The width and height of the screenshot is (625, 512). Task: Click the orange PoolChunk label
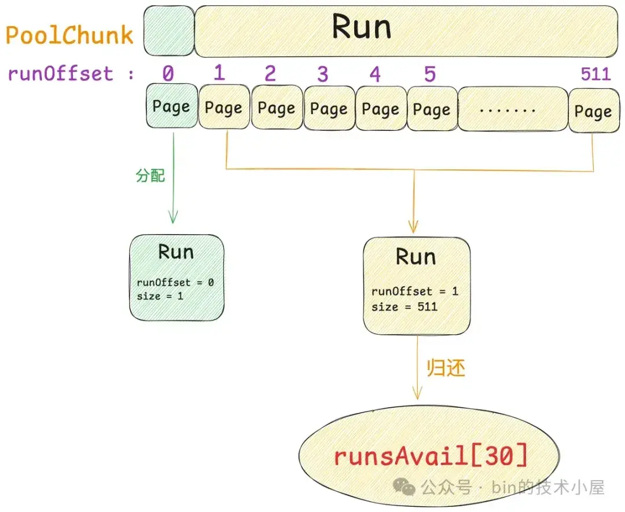69,35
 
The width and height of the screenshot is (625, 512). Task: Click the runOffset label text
60,74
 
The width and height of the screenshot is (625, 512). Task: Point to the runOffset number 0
168,74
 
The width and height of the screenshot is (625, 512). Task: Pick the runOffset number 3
322,74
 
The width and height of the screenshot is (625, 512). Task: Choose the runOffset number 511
595,74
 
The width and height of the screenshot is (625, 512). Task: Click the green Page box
171,107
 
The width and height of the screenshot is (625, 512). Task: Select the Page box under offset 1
223,108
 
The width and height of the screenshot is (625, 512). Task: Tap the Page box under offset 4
380,109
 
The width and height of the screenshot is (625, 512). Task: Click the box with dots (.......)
513,109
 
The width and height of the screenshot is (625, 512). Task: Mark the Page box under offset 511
593,111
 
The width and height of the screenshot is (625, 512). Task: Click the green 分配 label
150,175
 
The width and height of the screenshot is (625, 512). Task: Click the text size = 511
405,306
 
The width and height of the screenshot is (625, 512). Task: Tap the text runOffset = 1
414,291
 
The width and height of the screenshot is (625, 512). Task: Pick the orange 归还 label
446,368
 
